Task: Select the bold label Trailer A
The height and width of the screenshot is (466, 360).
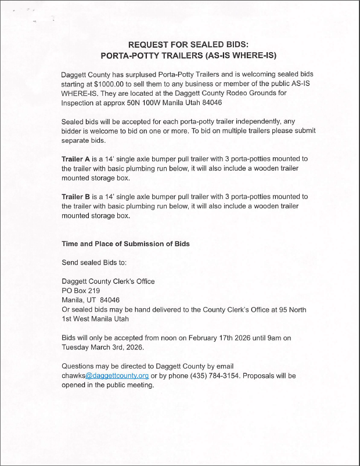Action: coord(75,158)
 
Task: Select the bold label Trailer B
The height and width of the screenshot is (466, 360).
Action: coord(75,197)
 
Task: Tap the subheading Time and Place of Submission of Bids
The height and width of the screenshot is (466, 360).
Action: coord(125,244)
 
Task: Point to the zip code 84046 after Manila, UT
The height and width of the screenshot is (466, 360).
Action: coord(110,300)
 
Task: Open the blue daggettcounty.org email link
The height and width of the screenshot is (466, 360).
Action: coord(117,376)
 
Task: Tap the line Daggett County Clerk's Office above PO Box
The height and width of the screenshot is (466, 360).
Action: coord(108,281)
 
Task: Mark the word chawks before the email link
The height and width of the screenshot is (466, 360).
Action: coord(73,376)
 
